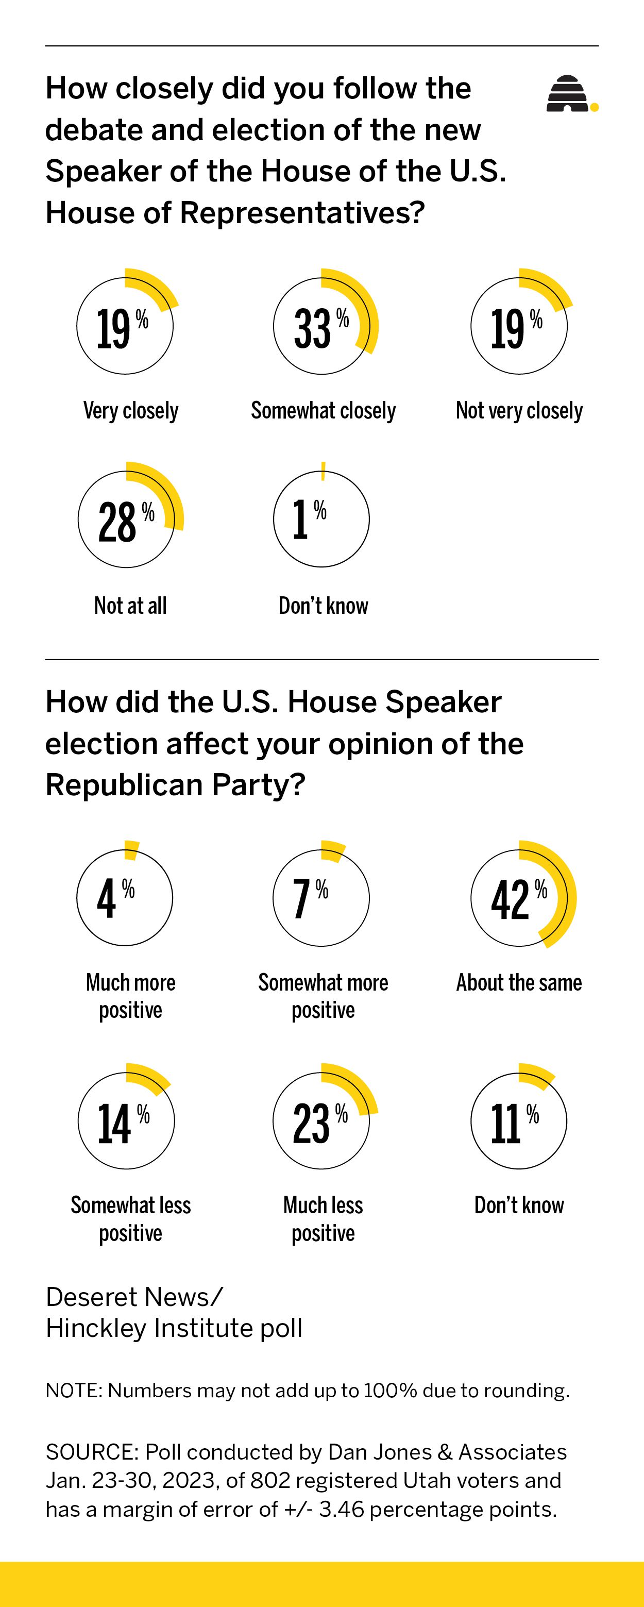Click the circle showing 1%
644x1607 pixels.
point(321,519)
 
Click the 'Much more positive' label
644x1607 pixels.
point(130,996)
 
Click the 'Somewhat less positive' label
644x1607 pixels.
point(130,1218)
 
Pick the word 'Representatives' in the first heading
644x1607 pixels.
point(302,213)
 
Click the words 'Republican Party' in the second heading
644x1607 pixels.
point(175,785)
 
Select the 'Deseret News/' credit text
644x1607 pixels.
point(133,1297)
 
